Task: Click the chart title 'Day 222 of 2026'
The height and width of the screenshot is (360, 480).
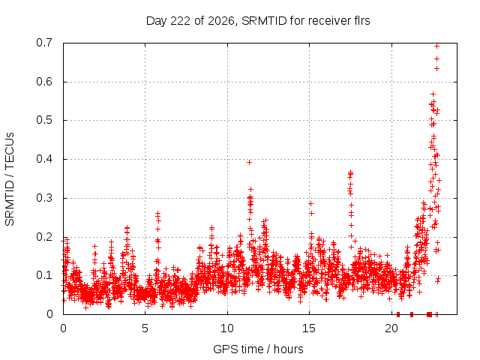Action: point(190,21)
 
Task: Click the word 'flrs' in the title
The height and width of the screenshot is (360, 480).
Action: point(361,21)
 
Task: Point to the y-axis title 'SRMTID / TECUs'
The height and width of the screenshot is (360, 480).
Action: point(10,179)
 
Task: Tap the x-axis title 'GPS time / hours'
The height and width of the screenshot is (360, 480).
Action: point(258,349)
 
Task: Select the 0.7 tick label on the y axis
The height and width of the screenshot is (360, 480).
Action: point(44,43)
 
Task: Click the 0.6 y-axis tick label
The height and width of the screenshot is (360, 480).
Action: point(44,82)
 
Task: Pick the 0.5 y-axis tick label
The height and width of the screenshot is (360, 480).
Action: point(44,120)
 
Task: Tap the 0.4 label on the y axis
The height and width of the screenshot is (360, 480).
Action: point(44,159)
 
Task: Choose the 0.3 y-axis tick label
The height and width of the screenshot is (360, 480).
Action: point(44,198)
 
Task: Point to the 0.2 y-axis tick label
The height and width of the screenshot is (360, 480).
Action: point(44,237)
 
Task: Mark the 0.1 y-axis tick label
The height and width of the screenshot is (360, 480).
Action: point(44,275)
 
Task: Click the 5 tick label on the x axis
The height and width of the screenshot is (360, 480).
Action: point(145,328)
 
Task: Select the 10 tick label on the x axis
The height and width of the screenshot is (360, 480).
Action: point(226,328)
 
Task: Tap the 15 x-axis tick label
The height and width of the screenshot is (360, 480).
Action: point(309,328)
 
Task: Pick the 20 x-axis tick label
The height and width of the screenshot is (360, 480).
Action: point(391,328)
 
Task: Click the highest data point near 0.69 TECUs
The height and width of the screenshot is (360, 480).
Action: point(437,46)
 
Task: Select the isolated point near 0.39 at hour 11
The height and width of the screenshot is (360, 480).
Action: point(250,163)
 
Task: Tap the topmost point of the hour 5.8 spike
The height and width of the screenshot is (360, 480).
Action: point(158,213)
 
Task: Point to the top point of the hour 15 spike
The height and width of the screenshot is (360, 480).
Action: point(310,203)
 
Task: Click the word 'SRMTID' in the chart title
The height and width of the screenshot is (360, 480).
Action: point(264,21)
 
